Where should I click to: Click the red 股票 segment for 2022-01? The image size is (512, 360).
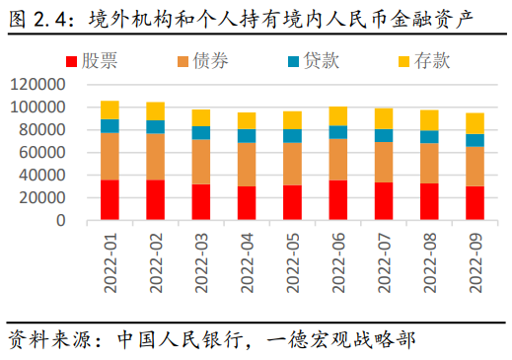pos(110,200)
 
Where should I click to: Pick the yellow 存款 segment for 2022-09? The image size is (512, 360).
pos(475,123)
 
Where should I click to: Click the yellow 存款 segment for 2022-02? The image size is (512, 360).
pos(155,110)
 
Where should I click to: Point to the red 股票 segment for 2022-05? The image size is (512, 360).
pos(292,202)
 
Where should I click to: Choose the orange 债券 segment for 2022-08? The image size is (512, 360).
pos(429,164)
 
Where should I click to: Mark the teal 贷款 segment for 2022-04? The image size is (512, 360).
pos(247,136)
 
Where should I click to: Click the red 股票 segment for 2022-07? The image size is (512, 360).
pos(384,201)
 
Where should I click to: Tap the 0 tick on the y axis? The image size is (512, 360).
pos(60,221)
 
